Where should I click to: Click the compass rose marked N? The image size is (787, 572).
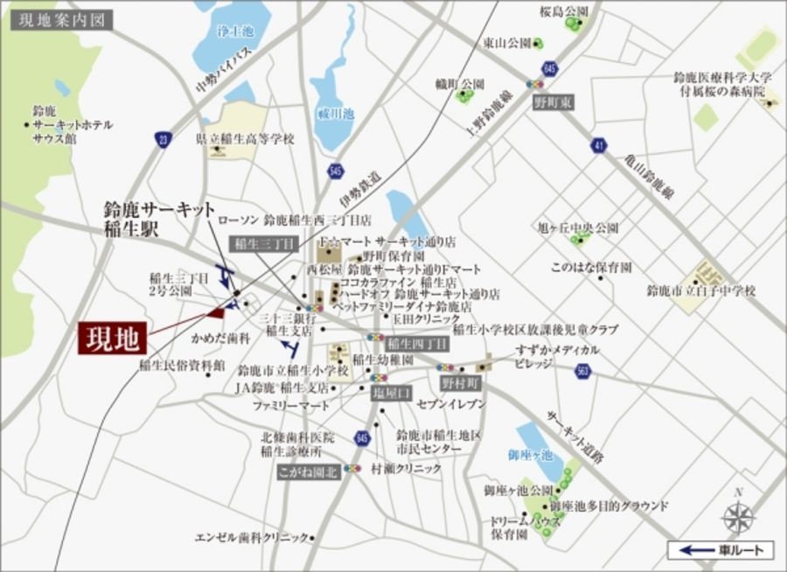pyautogui.click(x=739, y=516)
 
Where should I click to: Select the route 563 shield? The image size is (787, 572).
pyautogui.click(x=583, y=373)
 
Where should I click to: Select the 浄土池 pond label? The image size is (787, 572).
pyautogui.click(x=233, y=31)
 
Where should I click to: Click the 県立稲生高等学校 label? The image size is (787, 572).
pyautogui.click(x=246, y=139)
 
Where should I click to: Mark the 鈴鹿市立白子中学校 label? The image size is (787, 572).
pyautogui.click(x=700, y=289)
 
